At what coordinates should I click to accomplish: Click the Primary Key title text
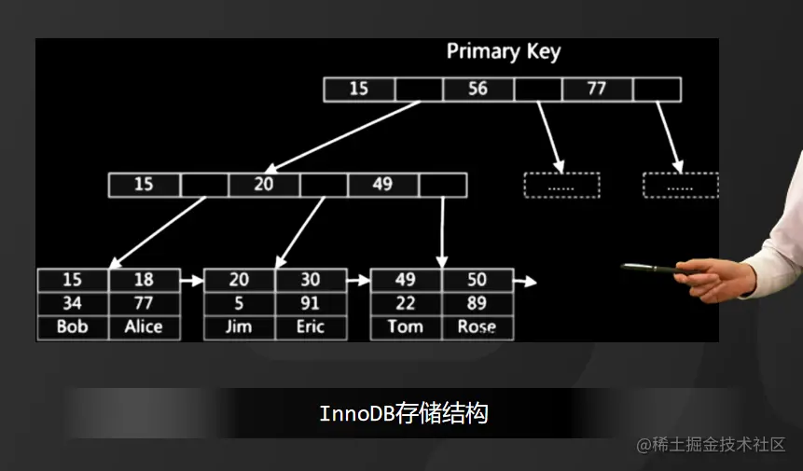pos(504,51)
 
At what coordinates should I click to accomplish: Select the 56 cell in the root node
pos(478,90)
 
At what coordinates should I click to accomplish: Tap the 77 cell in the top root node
pos(597,90)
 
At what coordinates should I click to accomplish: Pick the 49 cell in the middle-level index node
pos(382,185)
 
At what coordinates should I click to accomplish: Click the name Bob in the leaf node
pos(72,327)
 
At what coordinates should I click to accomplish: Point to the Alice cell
pos(144,327)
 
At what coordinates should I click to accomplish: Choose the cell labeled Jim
pos(239,327)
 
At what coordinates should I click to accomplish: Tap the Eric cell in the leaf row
pos(311,327)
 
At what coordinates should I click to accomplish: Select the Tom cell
pos(406,327)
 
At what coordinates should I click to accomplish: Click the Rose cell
pos(477,327)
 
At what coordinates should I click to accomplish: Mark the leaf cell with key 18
pos(144,280)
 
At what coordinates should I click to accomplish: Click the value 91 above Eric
pos(311,303)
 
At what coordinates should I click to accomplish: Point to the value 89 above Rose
pos(477,303)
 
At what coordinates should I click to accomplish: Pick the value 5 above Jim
pos(239,303)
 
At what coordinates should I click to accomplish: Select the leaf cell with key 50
pos(477,280)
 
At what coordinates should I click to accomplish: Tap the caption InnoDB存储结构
pos(404,413)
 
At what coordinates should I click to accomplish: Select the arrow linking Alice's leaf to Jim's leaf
pos(191,280)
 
